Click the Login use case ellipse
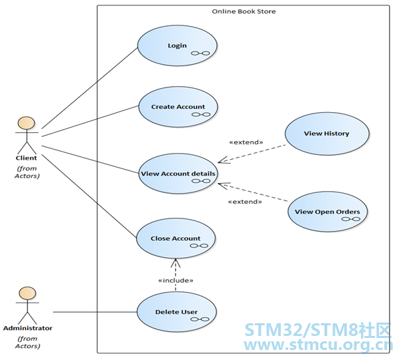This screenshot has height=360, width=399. (177, 45)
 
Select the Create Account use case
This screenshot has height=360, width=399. (178, 107)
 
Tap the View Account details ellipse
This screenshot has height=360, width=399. (178, 174)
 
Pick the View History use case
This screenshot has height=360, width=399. (327, 134)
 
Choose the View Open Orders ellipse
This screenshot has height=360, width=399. (328, 212)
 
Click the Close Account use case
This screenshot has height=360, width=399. (176, 238)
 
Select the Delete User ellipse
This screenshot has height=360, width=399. (177, 312)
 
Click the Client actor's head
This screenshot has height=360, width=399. (26, 124)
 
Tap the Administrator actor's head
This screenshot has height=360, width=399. (27, 293)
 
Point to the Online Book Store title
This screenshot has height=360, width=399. (244, 11)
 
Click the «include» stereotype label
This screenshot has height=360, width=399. (176, 281)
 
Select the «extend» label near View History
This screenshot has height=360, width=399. (246, 142)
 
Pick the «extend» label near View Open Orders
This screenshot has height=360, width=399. (245, 202)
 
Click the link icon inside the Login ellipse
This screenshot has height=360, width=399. (201, 53)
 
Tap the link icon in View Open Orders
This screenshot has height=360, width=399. (351, 219)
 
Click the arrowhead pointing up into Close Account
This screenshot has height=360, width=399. (175, 263)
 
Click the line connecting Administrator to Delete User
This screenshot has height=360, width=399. (95, 312)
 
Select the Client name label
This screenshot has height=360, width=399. (26, 158)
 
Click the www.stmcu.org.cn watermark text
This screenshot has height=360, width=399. (318, 345)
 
